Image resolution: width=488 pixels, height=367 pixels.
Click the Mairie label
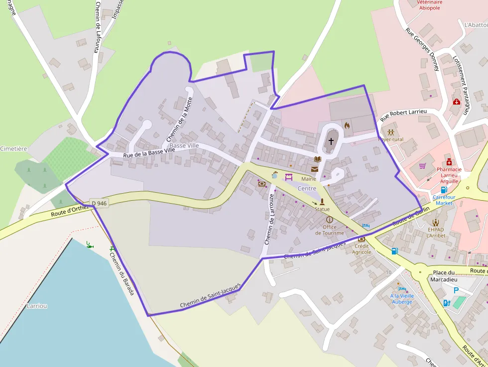click(308, 178)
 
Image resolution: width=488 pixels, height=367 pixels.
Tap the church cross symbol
click(331, 141)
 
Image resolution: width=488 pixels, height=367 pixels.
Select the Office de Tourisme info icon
click(329, 220)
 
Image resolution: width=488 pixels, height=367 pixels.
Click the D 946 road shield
click(99, 203)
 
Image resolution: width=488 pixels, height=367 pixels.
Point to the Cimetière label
click(13, 149)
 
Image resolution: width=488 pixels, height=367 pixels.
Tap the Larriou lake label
click(37, 306)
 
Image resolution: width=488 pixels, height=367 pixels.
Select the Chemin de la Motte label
click(180, 119)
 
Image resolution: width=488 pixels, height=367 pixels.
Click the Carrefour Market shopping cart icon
click(423, 166)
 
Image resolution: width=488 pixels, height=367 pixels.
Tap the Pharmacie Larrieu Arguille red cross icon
click(449, 162)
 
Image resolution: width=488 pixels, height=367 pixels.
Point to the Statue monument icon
click(322, 202)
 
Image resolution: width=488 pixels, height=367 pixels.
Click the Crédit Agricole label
click(362, 249)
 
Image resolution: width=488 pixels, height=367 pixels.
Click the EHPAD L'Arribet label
click(436, 232)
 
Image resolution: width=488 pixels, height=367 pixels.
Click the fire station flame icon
click(347, 125)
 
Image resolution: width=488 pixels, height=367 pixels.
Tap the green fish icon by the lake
click(90, 245)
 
